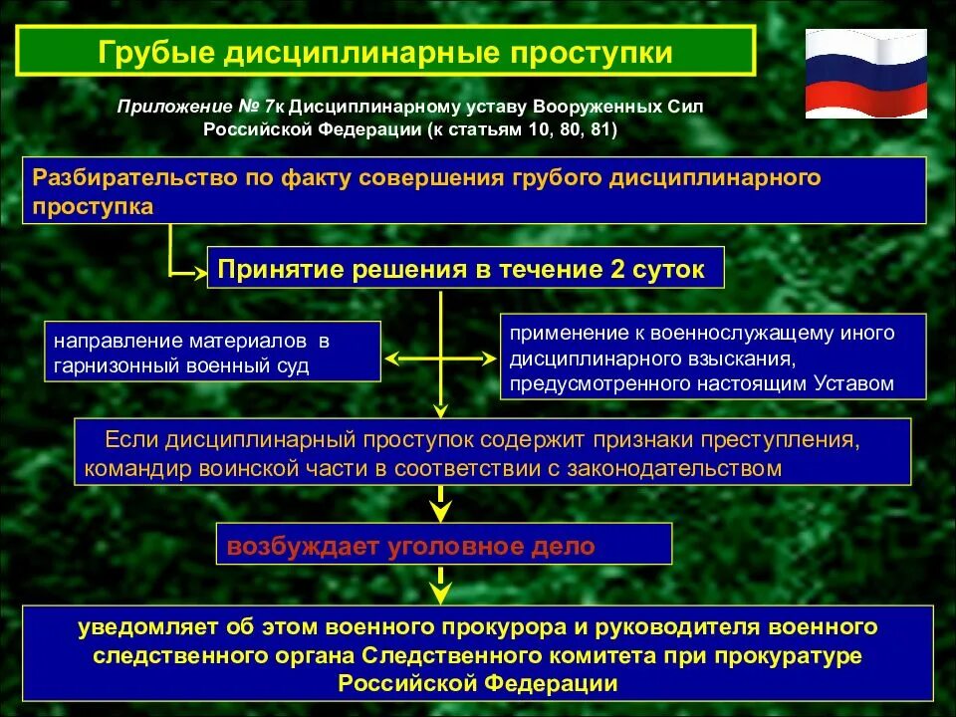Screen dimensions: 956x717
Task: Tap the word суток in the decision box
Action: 674,269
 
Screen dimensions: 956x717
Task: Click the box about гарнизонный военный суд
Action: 212,352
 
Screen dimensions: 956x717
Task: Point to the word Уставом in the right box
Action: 854,382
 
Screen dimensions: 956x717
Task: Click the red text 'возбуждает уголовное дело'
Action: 411,546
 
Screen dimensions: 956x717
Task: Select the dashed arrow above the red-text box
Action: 439,504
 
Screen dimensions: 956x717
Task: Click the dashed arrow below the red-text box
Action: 439,585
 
